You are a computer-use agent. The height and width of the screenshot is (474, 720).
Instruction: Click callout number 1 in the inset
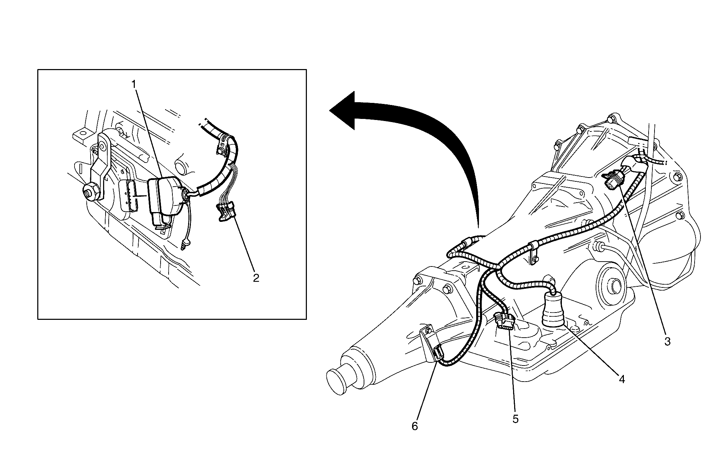[x=134, y=84]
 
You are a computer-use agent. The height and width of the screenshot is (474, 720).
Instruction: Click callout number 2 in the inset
[x=256, y=278]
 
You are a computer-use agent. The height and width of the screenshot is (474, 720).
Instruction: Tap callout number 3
[x=667, y=341]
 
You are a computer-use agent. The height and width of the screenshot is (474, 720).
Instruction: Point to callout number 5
[x=516, y=419]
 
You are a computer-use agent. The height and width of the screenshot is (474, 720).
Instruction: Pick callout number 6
[x=415, y=426]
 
